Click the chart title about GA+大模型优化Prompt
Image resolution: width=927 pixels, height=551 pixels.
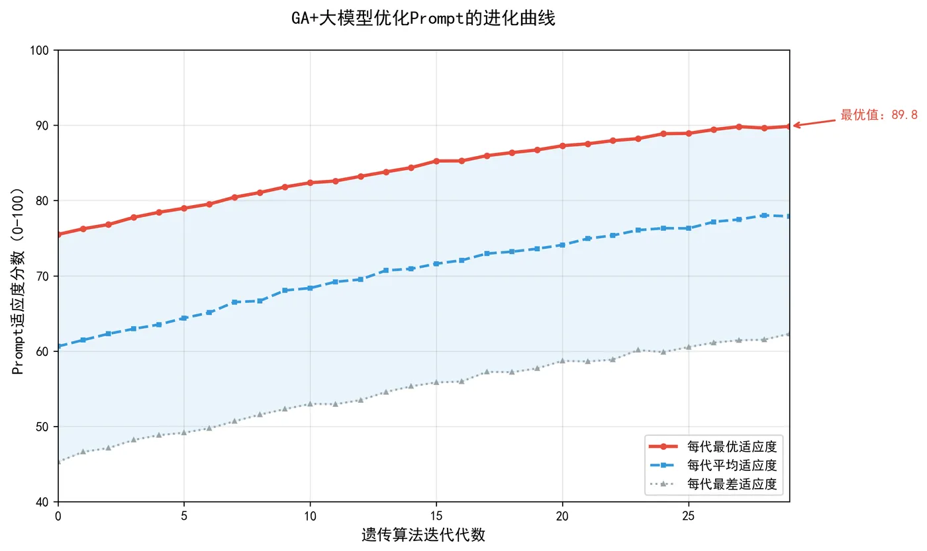pyautogui.click(x=423, y=19)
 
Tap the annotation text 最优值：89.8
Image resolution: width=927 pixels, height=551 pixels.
pyautogui.click(x=879, y=115)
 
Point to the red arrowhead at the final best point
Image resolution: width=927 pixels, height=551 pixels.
pyautogui.click(x=795, y=125)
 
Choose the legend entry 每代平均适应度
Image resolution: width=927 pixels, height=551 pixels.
pyautogui.click(x=732, y=465)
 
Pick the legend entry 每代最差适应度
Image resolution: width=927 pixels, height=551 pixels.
pyautogui.click(x=732, y=485)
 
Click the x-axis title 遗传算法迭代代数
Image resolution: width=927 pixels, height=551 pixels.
pyautogui.click(x=423, y=535)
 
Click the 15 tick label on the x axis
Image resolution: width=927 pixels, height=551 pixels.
pyautogui.click(x=436, y=514)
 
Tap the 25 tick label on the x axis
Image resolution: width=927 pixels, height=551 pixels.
pyautogui.click(x=689, y=514)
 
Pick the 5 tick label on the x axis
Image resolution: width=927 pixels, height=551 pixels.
pyautogui.click(x=184, y=514)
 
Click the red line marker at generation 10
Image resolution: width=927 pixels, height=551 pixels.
pyautogui.click(x=310, y=183)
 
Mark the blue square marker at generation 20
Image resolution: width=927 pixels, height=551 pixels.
pyautogui.click(x=562, y=245)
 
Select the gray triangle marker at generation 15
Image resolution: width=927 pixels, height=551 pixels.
pyautogui.click(x=436, y=382)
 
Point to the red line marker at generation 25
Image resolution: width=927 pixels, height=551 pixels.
pyautogui.click(x=689, y=133)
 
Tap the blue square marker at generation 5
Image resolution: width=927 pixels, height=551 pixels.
pyautogui.click(x=184, y=318)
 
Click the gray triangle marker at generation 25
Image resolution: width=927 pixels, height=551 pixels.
pyautogui.click(x=689, y=347)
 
